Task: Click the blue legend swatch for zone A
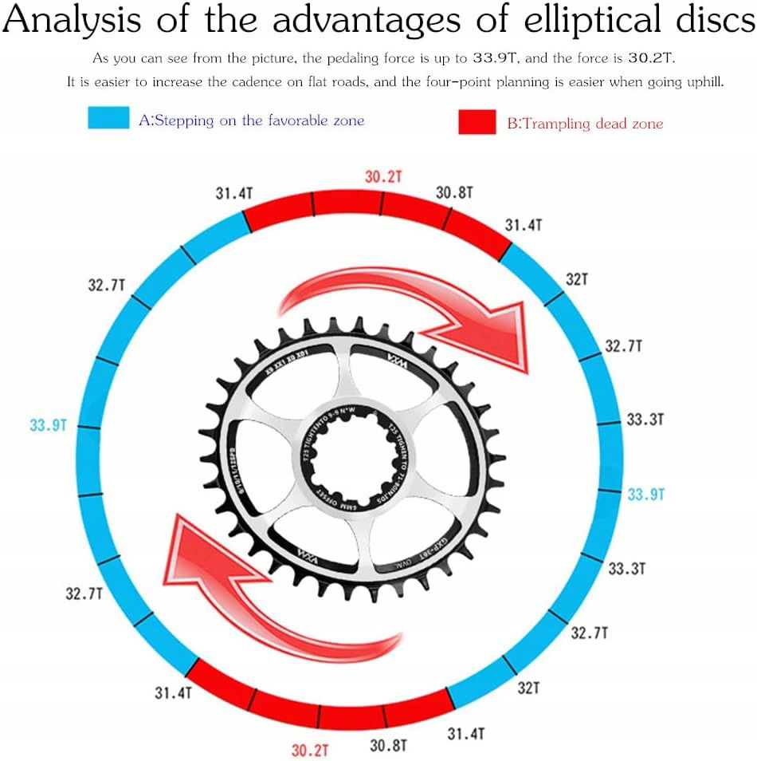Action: [x=108, y=119]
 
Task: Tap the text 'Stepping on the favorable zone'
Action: [x=251, y=120]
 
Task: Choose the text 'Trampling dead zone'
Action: [x=585, y=124]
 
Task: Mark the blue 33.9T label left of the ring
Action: [x=48, y=425]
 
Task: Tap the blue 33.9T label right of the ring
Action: [x=645, y=494]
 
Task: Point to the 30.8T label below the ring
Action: [x=388, y=745]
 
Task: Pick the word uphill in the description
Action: [x=703, y=82]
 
